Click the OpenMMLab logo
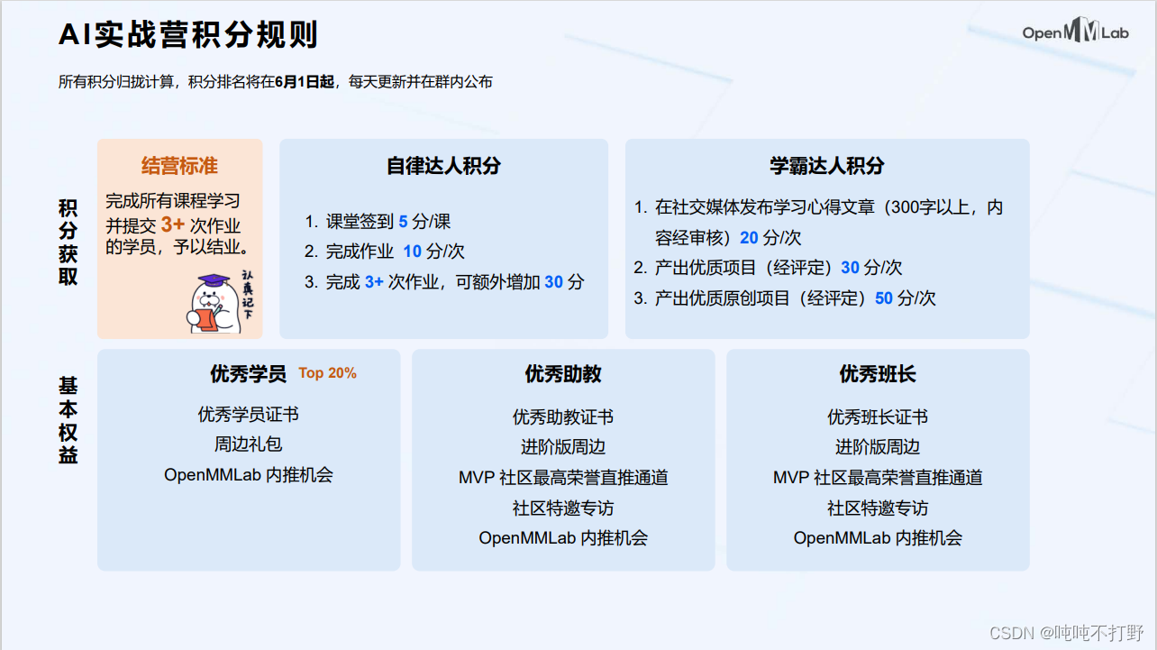coord(1075,33)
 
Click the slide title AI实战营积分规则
coord(188,35)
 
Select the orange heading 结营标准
coord(179,166)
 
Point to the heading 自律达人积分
coord(443,166)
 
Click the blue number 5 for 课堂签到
coord(403,222)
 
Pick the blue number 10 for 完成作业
coord(412,252)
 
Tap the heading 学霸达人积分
coord(826,166)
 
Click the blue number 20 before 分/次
coord(749,238)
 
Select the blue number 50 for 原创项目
coord(883,298)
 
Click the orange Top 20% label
coord(327,373)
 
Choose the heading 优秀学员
coord(248,373)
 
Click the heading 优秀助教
coord(563,373)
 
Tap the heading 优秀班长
coord(878,373)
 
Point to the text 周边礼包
coord(248,444)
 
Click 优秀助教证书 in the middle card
coord(563,417)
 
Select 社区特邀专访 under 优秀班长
coord(878,508)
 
